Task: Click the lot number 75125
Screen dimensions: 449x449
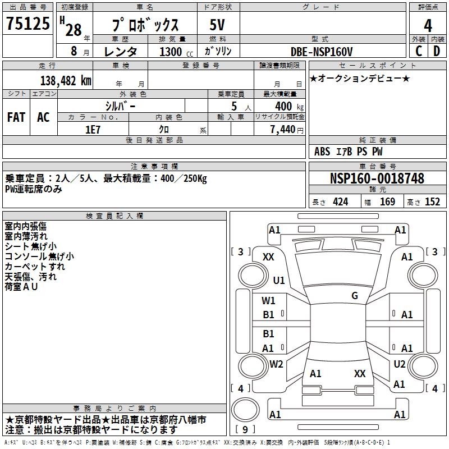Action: click(x=29, y=25)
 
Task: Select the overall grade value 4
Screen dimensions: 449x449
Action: click(x=428, y=26)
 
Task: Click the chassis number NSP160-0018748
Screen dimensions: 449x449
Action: click(x=377, y=178)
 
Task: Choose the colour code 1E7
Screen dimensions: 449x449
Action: click(x=92, y=128)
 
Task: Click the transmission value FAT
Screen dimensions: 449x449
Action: click(x=16, y=117)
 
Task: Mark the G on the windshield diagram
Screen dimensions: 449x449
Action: click(x=355, y=296)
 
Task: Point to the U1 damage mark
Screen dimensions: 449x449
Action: click(x=279, y=280)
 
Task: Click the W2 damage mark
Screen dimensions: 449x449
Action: click(x=276, y=364)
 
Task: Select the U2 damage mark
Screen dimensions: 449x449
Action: click(x=400, y=364)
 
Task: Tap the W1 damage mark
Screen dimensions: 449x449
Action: click(x=269, y=300)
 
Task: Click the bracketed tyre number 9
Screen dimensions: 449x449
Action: click(x=245, y=430)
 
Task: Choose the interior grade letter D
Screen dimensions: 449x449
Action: click(x=437, y=51)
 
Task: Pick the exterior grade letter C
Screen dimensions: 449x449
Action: click(x=419, y=51)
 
